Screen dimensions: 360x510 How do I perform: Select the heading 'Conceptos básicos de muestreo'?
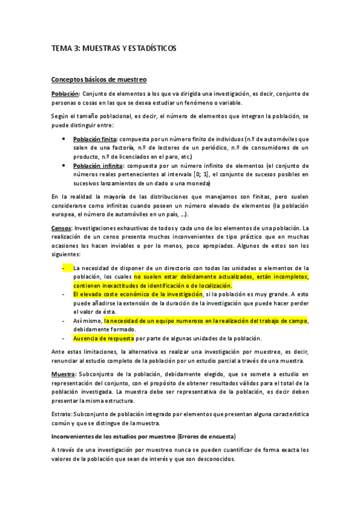pyautogui.click(x=99, y=79)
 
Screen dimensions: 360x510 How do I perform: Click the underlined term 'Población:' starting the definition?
pyautogui.click(x=65, y=94)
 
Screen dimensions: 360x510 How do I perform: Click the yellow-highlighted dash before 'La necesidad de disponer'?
pyautogui.click(x=65, y=268)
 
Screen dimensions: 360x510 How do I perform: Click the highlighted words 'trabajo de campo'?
pyautogui.click(x=282, y=321)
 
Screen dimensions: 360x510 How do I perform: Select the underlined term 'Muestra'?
pyautogui.click(x=63, y=374)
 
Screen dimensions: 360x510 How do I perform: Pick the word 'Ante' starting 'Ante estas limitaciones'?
pyautogui.click(x=58, y=351)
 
